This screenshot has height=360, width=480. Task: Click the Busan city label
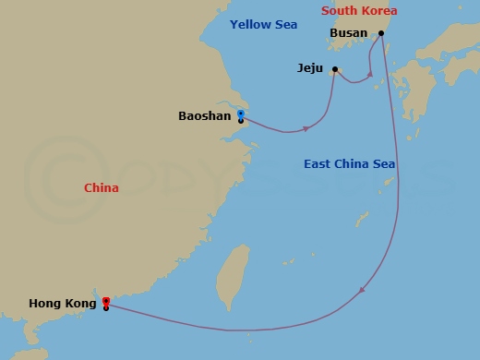(348, 32)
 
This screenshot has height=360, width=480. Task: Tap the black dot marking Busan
(381, 32)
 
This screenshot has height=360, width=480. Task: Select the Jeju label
(310, 68)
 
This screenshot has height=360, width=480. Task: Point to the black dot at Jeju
(335, 68)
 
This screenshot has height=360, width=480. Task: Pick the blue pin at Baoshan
(240, 114)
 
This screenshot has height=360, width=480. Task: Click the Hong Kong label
(63, 303)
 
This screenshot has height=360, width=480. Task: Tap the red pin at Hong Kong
(106, 301)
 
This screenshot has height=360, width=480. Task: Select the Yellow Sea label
(264, 24)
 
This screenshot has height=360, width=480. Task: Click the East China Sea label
(350, 164)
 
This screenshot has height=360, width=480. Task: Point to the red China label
(102, 187)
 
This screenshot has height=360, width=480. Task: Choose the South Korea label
(359, 11)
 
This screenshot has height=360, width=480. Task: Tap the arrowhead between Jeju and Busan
(369, 74)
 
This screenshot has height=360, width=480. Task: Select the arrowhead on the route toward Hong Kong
(361, 291)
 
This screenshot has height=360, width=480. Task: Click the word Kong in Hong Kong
(80, 303)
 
